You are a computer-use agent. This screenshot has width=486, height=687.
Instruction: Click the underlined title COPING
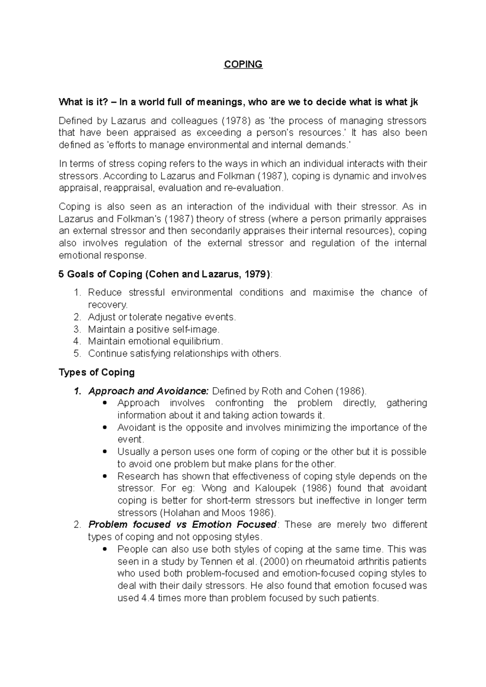pyautogui.click(x=243, y=64)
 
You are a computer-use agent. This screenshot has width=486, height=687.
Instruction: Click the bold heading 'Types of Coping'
pyautogui.click(x=96, y=372)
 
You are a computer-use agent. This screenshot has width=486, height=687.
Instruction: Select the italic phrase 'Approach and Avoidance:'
pyautogui.click(x=148, y=391)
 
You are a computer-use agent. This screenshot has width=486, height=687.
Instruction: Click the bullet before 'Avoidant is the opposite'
pyautogui.click(x=105, y=428)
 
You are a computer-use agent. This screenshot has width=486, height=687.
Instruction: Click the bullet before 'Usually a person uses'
pyautogui.click(x=105, y=452)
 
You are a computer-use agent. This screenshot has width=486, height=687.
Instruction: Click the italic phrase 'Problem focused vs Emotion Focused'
pyautogui.click(x=182, y=525)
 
